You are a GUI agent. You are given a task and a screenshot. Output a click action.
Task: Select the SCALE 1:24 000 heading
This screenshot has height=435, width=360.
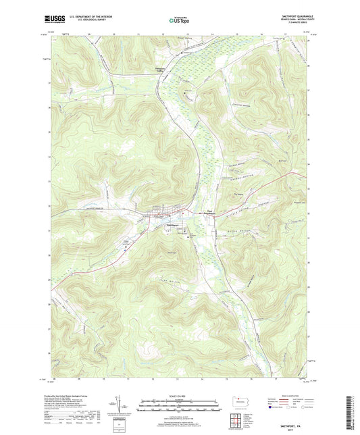point(179,394)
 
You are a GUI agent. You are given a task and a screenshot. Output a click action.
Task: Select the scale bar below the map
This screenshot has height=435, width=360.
point(179,406)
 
